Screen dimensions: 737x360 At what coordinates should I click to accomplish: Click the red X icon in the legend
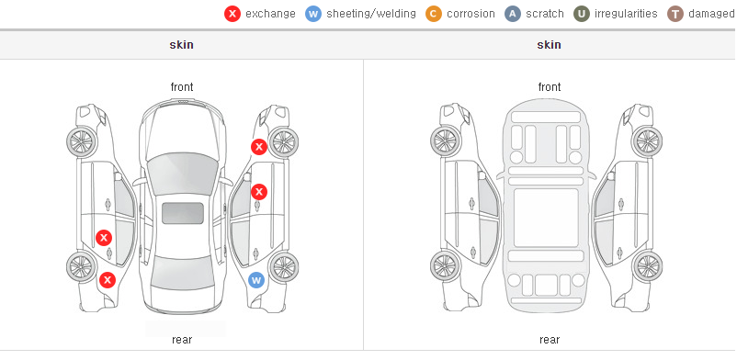(x=232, y=14)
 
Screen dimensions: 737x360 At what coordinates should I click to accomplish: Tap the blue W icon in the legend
(x=313, y=14)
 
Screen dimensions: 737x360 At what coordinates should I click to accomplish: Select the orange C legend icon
(x=434, y=14)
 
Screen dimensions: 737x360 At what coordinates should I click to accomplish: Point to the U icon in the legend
(x=582, y=14)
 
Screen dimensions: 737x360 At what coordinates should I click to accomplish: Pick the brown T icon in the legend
(x=675, y=14)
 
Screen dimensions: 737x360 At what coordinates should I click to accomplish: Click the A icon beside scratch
(x=513, y=14)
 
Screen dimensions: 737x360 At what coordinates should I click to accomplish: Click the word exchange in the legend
(x=270, y=14)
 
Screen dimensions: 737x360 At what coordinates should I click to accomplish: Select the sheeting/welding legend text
(x=371, y=14)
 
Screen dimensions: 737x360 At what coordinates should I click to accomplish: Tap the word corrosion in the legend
(x=471, y=14)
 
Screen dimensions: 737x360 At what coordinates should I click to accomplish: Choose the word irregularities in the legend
(x=626, y=14)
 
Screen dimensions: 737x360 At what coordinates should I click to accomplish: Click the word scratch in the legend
(x=545, y=14)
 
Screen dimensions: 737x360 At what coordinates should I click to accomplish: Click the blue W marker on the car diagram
(x=256, y=281)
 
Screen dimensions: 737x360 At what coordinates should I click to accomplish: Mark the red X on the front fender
(x=258, y=147)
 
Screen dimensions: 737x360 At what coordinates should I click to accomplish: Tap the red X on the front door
(x=259, y=192)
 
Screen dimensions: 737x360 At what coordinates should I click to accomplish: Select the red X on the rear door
(x=104, y=237)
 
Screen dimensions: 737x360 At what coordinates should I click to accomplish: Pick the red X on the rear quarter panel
(x=108, y=280)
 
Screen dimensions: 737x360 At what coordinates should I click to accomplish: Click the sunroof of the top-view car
(x=183, y=213)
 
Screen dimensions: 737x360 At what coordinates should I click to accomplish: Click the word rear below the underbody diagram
(x=549, y=340)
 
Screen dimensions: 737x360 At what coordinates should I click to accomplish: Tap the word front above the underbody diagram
(x=550, y=87)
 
